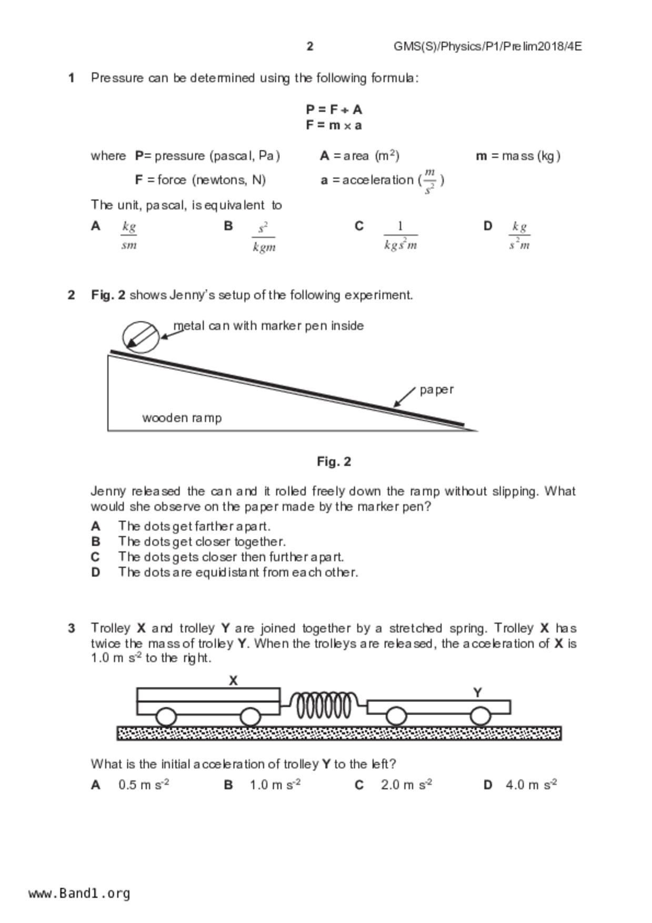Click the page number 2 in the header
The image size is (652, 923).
[x=310, y=46]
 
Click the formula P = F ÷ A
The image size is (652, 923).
[x=334, y=109]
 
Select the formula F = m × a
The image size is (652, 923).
[x=334, y=125]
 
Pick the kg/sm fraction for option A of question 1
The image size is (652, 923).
[x=129, y=235]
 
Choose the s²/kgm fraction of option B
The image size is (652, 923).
[x=264, y=237]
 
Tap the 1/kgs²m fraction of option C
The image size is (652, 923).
[x=400, y=236]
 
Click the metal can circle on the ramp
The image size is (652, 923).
[x=141, y=337]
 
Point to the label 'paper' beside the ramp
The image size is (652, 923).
[x=436, y=390]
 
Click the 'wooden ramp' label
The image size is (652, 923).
[x=182, y=418]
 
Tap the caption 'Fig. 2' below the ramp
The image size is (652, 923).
[x=334, y=461]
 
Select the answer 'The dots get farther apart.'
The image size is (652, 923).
[x=194, y=526]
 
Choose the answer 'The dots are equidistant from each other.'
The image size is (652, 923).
[x=238, y=572]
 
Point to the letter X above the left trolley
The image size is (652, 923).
[x=233, y=680]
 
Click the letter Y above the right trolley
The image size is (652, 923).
[x=477, y=693]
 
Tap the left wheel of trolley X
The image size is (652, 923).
[x=166, y=717]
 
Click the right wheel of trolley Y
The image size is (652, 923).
[x=480, y=716]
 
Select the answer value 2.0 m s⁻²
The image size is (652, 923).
[x=406, y=785]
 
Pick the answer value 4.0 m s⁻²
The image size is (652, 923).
[x=531, y=785]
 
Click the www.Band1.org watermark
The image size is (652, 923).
[x=79, y=893]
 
